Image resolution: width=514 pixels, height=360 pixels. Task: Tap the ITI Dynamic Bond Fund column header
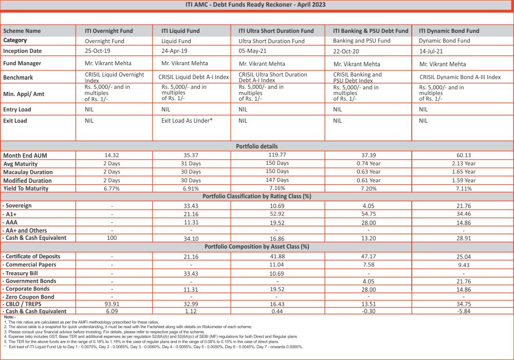449,31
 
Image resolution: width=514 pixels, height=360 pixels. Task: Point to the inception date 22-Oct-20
349,52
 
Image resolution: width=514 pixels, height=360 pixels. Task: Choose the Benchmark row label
18,78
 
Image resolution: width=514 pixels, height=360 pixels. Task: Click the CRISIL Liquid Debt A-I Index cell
194,78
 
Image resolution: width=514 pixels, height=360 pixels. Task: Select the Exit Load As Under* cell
187,121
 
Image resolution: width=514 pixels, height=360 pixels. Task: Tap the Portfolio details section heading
256,146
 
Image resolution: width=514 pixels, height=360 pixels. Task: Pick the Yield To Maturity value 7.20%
368,188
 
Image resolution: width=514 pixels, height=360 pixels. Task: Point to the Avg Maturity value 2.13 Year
463,164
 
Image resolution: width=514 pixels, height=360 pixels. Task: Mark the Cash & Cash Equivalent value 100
112,238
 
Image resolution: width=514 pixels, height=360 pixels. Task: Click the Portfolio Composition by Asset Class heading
256,247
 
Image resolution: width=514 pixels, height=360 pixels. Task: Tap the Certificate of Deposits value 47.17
368,256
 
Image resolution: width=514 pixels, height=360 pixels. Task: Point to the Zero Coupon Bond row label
29,297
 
